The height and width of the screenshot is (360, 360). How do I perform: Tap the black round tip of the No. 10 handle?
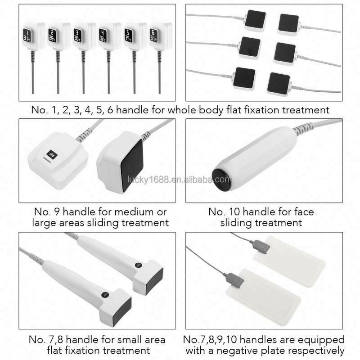tap(221, 180)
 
